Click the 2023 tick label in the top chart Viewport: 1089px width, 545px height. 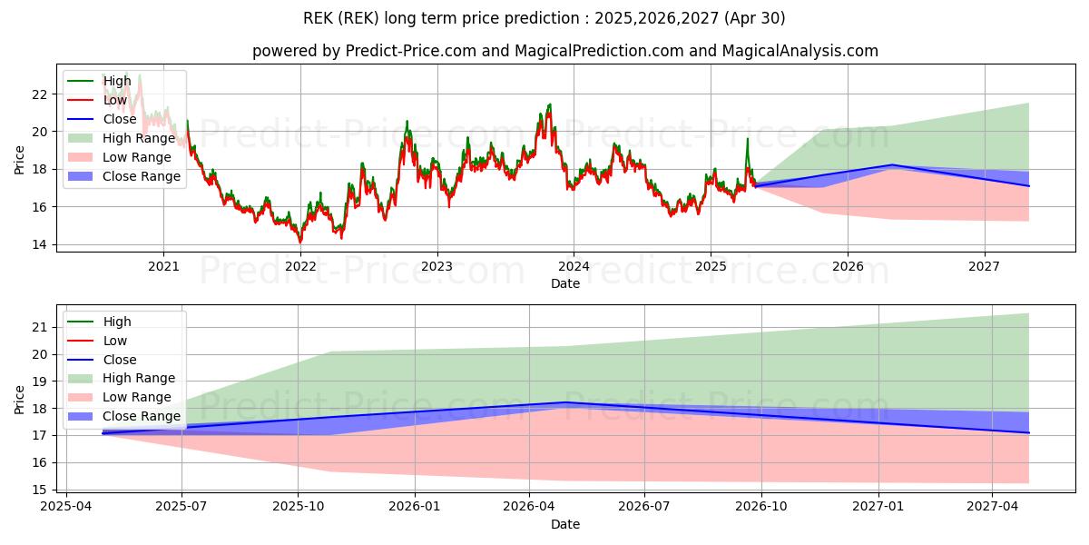point(437,266)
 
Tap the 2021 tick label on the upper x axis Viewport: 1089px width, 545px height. point(163,266)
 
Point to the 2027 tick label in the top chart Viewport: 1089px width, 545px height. point(984,266)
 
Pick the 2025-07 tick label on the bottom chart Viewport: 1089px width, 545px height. point(181,508)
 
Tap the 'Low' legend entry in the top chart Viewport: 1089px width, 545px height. point(114,100)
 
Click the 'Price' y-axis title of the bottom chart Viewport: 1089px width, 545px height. point(20,399)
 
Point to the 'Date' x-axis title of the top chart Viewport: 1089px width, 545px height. point(564,283)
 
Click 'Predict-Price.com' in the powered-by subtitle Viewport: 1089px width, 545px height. point(410,52)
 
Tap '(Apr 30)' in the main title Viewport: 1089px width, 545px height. point(756,18)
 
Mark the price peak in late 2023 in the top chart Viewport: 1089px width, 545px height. point(548,104)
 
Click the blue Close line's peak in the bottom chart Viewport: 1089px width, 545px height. point(565,402)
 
